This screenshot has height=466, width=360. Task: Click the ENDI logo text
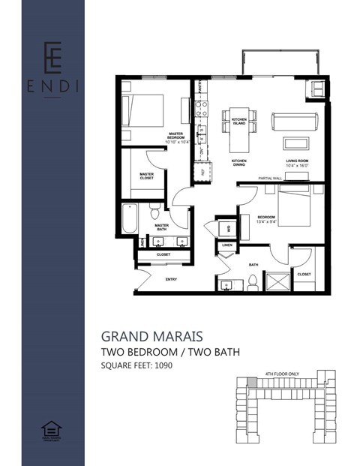52,86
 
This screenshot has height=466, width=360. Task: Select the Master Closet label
147,176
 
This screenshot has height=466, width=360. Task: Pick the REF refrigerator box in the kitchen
202,172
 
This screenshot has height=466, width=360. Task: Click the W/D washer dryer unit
226,228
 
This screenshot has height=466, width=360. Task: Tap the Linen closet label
226,245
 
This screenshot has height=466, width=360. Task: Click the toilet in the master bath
154,211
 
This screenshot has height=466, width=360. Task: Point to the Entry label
170,279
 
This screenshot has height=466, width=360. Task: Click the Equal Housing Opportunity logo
52,431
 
